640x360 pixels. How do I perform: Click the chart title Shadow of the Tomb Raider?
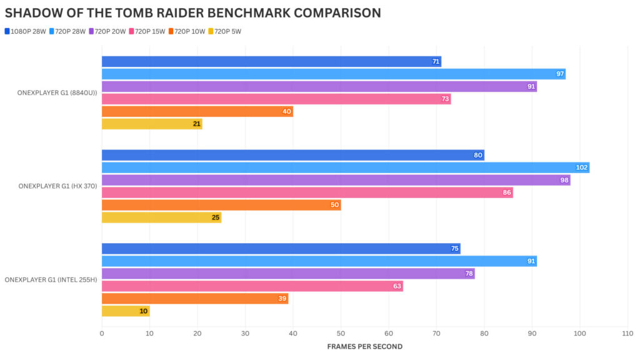(x=192, y=13)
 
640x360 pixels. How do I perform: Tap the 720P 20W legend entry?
(x=107, y=31)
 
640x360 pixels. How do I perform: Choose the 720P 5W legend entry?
(x=224, y=31)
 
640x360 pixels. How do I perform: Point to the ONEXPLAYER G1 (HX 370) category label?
(x=57, y=186)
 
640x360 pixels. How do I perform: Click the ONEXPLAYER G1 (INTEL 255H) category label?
(x=51, y=280)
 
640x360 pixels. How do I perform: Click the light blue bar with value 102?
(x=345, y=167)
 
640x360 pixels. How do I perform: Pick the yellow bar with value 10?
(x=125, y=311)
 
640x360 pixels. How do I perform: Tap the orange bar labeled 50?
(x=221, y=205)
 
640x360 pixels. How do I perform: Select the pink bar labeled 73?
(x=276, y=99)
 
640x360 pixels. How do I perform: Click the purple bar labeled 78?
(x=287, y=274)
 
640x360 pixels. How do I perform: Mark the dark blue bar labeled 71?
(x=271, y=61)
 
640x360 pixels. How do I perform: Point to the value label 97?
(x=560, y=74)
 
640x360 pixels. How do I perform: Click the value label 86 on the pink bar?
(x=507, y=192)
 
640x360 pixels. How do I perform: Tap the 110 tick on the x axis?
(x=627, y=334)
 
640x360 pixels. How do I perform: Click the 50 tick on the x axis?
(x=341, y=334)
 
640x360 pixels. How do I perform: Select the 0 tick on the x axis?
(x=102, y=334)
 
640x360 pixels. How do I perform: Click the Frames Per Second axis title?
(x=364, y=346)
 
